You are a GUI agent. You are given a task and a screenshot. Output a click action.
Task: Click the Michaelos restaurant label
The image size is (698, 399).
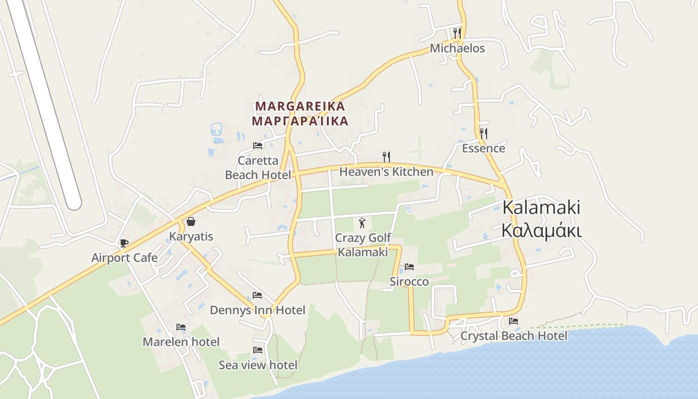tap(457, 48)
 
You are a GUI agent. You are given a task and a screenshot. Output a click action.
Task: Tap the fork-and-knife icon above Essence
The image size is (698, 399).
tap(483, 133)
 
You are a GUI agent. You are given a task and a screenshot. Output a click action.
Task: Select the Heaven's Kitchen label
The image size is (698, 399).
tap(386, 172)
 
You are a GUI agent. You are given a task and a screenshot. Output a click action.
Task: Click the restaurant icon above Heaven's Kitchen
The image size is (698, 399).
tap(386, 157)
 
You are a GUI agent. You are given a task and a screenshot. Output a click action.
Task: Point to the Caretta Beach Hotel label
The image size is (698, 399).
tap(258, 168)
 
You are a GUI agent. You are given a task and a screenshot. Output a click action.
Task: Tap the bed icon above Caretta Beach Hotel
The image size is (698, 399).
tap(258, 146)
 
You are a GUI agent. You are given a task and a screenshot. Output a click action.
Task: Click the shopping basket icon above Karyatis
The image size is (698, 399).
tap(191, 221)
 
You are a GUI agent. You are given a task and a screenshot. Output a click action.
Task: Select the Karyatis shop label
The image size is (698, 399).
tap(191, 236)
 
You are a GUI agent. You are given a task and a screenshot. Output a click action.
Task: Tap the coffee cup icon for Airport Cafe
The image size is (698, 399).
tap(124, 243)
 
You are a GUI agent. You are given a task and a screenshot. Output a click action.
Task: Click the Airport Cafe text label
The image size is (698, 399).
tap(124, 258)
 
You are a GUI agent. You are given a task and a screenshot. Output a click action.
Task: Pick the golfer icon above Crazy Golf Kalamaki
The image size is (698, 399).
tap(362, 223)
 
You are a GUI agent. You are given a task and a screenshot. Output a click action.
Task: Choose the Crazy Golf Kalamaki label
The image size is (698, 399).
tap(363, 245)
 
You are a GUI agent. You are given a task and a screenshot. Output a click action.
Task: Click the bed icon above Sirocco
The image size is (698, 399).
tap(409, 267)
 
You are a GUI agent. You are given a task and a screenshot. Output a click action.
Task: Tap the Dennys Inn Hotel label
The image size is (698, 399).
tap(257, 310)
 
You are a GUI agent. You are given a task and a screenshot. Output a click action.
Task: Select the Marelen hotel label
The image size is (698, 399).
tap(181, 342)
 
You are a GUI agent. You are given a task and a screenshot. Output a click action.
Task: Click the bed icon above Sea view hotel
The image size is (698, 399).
tap(258, 350)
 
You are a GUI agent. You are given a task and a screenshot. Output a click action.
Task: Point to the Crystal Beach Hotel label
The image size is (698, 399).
tap(514, 336)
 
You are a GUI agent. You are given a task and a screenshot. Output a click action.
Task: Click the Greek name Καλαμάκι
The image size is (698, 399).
tap(541, 231)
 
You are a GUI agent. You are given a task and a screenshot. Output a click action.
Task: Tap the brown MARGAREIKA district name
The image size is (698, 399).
tap(300, 106)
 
